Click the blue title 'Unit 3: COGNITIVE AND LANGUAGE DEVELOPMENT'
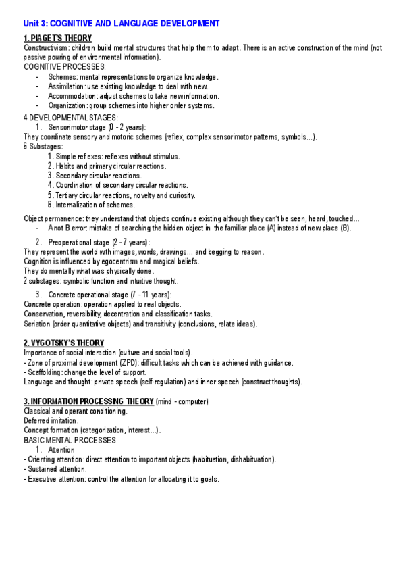[122, 23]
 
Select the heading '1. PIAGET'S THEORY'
[57, 38]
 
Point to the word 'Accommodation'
[70, 96]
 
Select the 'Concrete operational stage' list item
[88, 295]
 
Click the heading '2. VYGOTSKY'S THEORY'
[64, 343]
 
